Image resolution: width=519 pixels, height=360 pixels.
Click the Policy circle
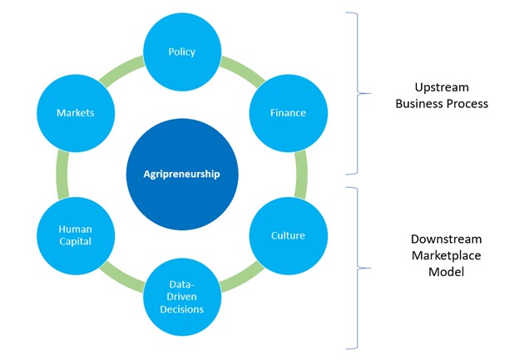[x=181, y=52]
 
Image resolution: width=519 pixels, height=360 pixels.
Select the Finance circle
[x=288, y=112]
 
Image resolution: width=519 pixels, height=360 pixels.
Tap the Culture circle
[x=288, y=235]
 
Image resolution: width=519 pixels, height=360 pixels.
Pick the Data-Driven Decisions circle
[x=181, y=297]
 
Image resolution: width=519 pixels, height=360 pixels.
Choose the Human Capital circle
[x=74, y=235]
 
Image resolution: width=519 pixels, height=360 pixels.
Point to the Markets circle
[x=74, y=112]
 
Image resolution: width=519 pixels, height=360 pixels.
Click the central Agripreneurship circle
[x=181, y=174]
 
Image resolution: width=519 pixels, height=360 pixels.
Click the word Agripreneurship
[x=181, y=174]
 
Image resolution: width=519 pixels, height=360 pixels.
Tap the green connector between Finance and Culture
[x=301, y=174]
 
